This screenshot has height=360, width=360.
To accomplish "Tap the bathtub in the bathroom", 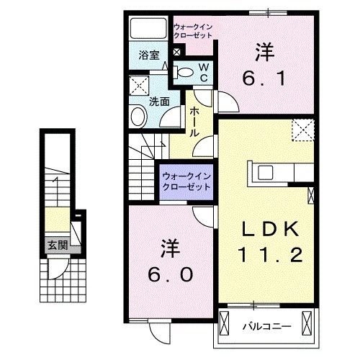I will tap(148, 30).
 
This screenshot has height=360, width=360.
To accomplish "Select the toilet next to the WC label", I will tap(186, 71).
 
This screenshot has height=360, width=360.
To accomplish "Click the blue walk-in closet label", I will tap(186, 181).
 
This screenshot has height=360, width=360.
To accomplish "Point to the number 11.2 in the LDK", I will tap(266, 253).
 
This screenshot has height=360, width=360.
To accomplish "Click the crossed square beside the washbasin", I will tap(136, 87).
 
